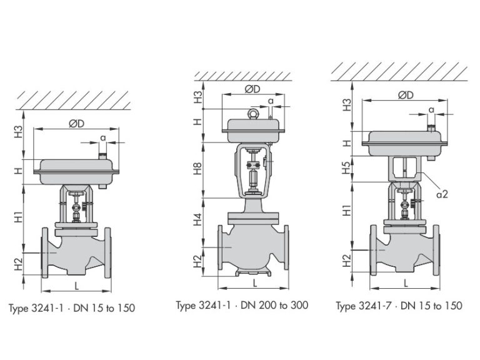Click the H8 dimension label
[x=198, y=169]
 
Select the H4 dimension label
[x=198, y=219]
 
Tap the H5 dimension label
[x=346, y=167]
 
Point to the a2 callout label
[x=442, y=194]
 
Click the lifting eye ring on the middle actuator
[x=254, y=114]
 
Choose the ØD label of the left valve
[x=76, y=124]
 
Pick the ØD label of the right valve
[x=406, y=95]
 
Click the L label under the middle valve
[x=255, y=283]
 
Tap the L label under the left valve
[x=76, y=286]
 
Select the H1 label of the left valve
[x=19, y=217]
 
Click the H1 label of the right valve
[x=346, y=211]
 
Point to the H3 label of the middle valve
[x=198, y=97]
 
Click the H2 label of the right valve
[x=346, y=261]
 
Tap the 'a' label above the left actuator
[x=103, y=137]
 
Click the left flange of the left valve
[x=45, y=253]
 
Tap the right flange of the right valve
[x=436, y=250]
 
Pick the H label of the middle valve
[x=198, y=122]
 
